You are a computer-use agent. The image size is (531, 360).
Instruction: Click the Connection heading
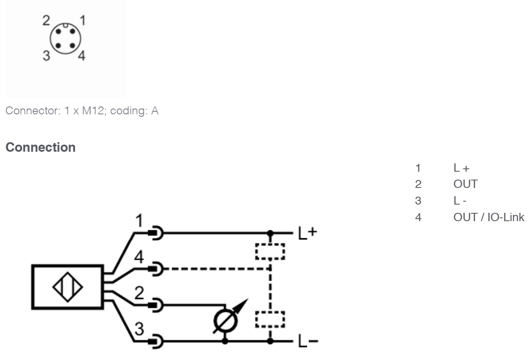40,148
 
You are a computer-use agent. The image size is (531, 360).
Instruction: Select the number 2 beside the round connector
46,20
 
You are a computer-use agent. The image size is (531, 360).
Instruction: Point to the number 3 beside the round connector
47,56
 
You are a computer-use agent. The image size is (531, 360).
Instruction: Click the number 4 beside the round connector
82,56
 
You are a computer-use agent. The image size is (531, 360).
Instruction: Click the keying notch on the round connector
66,25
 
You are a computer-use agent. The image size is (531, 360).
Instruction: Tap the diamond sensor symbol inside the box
67,287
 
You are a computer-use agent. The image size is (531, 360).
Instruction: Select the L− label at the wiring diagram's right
308,341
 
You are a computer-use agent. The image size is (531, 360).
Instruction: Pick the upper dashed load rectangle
270,252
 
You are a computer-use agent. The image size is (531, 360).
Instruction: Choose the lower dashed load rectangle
270,320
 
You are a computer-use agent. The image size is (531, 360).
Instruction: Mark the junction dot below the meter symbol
225,341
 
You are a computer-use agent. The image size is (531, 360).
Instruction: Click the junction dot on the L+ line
270,233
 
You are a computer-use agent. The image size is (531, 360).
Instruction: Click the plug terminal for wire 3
156,342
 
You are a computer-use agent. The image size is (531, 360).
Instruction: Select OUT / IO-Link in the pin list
489,217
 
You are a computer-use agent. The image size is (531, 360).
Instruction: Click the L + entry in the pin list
461,168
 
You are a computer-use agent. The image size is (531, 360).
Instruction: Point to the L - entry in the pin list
460,201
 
